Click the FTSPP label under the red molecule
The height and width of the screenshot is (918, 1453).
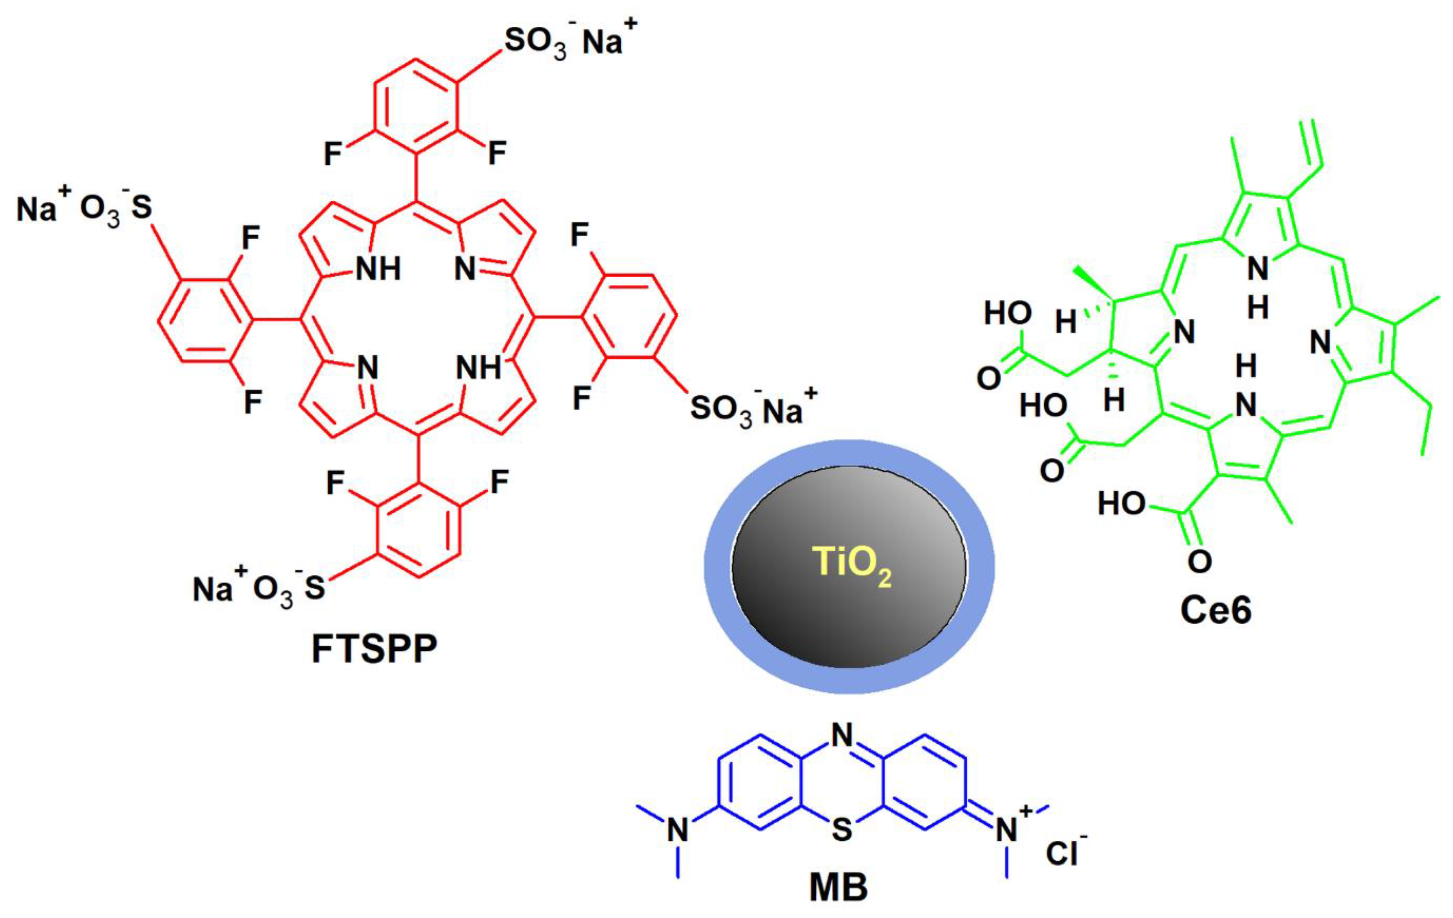[374, 649]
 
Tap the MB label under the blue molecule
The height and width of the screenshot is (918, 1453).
[838, 887]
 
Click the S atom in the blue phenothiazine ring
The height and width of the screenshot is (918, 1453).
[842, 829]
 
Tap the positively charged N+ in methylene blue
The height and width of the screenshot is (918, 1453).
[1008, 829]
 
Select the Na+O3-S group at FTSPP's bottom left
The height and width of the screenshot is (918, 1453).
[259, 589]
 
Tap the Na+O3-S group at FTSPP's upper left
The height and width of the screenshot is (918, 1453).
[84, 208]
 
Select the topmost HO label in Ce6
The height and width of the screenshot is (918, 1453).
[1008, 313]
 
